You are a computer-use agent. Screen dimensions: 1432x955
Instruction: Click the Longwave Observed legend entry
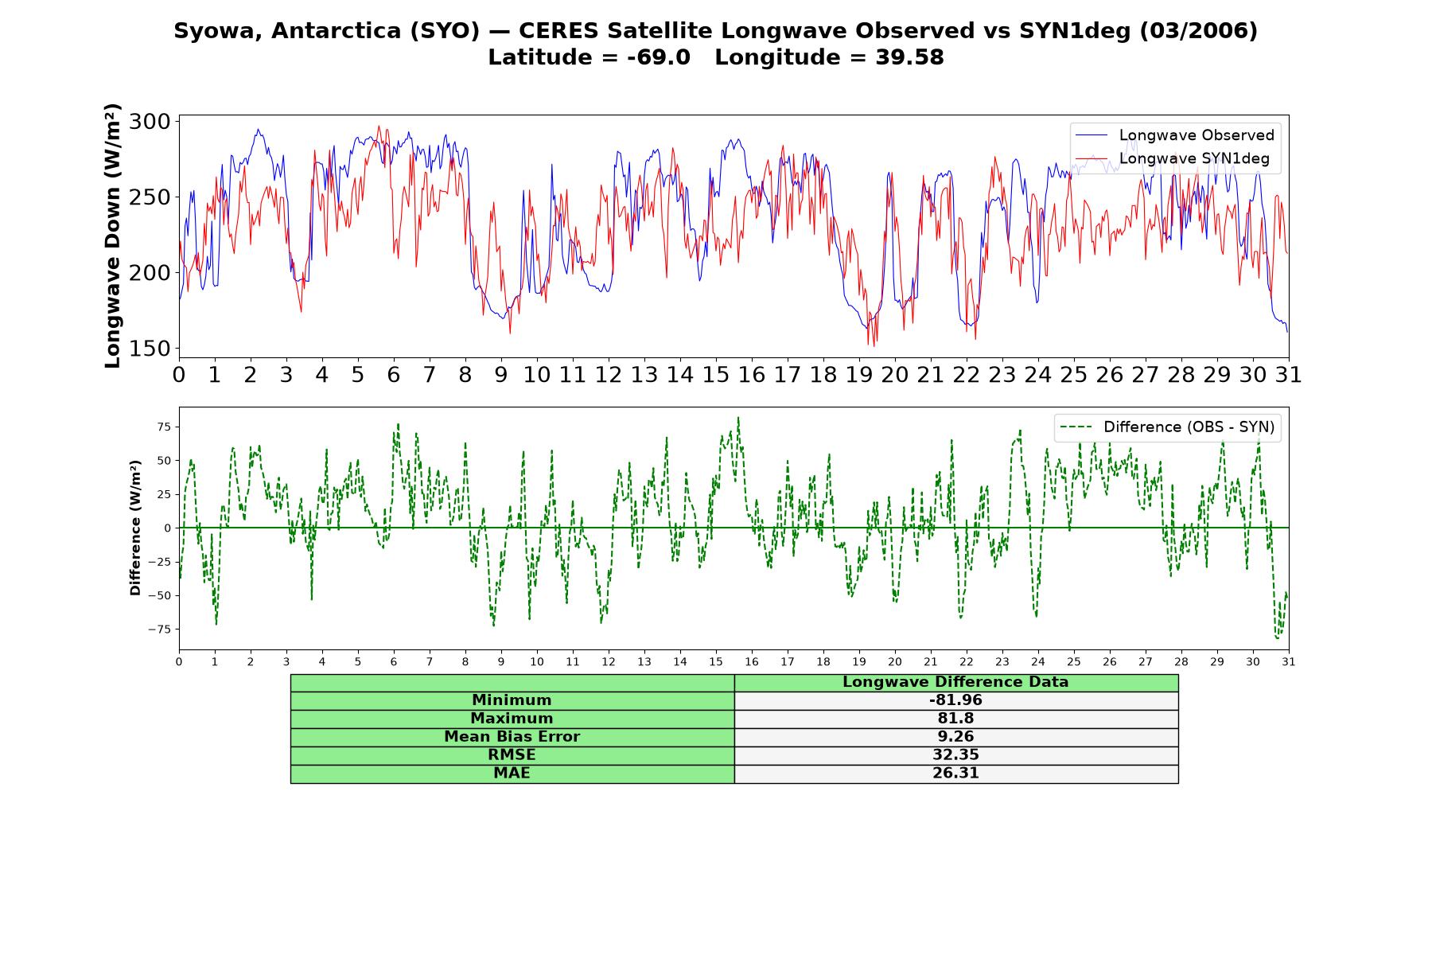pos(1174,135)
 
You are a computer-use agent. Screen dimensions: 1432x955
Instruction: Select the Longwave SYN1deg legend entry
pos(1173,158)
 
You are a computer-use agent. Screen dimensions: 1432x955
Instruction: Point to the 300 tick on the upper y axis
pos(150,122)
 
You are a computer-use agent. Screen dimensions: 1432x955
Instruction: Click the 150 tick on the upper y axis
pos(150,349)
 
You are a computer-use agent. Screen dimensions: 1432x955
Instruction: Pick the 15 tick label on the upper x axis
pos(715,375)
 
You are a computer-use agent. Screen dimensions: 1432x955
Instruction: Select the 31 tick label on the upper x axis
pos(1288,375)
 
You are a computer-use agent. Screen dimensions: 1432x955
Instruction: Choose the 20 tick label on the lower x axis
pos(895,662)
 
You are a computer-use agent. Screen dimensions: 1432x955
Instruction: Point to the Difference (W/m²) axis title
pos(135,528)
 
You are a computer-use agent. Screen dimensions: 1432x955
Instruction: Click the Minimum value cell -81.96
pos(955,700)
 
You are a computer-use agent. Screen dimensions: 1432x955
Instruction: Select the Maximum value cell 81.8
pos(955,719)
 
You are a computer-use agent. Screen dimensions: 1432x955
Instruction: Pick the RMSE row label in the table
pos(512,755)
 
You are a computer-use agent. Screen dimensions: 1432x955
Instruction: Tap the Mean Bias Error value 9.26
pos(955,737)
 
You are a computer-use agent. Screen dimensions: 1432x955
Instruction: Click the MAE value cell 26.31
pos(955,774)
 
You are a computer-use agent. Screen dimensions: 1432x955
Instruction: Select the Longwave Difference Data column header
pos(955,682)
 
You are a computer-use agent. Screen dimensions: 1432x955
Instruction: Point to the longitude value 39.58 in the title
pos(909,58)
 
